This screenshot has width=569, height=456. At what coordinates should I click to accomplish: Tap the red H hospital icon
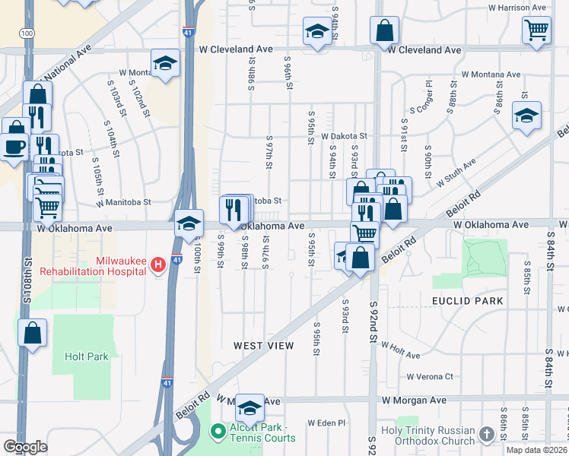157,264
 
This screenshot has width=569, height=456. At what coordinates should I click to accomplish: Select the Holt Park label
86,356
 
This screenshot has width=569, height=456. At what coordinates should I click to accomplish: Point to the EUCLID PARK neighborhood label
467,301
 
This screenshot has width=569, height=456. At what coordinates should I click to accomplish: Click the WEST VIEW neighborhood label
263,346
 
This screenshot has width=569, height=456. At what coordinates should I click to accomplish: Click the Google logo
25,447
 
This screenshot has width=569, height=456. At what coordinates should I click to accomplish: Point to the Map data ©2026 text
536,450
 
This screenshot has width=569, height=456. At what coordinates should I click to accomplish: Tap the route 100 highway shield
27,34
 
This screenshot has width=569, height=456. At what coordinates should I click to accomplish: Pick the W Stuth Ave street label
456,173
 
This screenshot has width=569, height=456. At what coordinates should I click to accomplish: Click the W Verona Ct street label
429,376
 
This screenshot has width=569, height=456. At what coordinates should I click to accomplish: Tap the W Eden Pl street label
326,423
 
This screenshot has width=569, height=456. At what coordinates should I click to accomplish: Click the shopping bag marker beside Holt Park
33,333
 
